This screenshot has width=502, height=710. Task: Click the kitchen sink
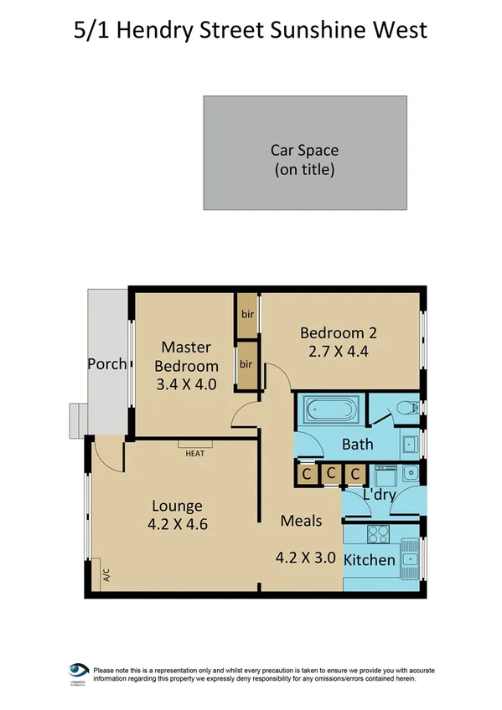(x=410, y=553)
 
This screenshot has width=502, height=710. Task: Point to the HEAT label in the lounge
(x=195, y=453)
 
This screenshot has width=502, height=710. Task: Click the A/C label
(x=106, y=575)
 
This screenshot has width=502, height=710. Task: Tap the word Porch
(x=107, y=364)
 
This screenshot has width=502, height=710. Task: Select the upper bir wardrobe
(x=247, y=315)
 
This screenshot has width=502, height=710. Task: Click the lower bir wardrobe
(x=247, y=364)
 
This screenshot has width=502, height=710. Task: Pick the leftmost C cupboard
(x=307, y=475)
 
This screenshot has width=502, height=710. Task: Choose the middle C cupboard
(x=331, y=475)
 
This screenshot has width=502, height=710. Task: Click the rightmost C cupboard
(x=355, y=475)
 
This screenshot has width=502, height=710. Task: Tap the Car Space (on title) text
(x=304, y=160)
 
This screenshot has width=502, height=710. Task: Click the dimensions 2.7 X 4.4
(x=334, y=352)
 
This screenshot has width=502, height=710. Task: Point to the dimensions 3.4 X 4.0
(x=186, y=385)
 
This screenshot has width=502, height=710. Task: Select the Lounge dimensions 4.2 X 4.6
(x=176, y=526)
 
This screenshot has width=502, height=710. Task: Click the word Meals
(x=301, y=521)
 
